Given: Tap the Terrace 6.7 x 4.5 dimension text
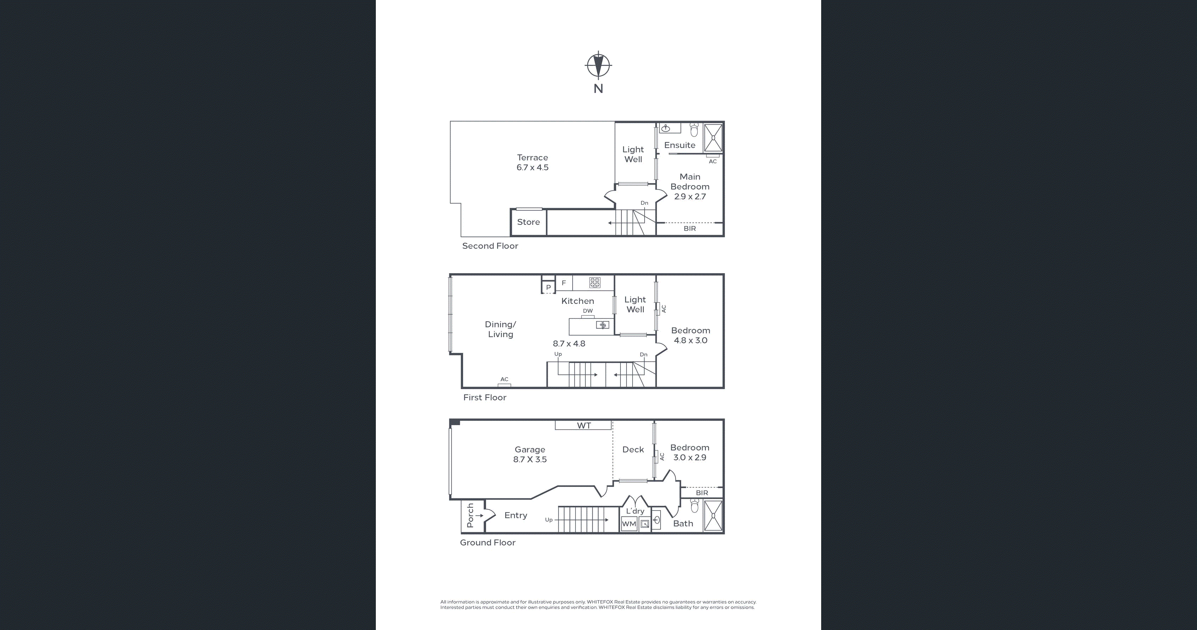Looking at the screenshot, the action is pos(533,167).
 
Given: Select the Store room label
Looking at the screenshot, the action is pos(528,222).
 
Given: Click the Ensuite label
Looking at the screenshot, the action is pos(680,145).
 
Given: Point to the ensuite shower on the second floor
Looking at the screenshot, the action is pos(713,138).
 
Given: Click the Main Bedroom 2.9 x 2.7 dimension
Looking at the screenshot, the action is pos(690,197).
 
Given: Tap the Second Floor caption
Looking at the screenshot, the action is pos(490,246).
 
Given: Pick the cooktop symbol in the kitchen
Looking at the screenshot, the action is pos(595,282).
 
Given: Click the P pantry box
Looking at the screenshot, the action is pos(548,287).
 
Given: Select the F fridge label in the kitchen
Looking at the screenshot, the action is pos(564,283).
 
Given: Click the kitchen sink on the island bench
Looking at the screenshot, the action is pos(603,325).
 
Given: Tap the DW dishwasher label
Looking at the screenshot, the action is pos(588,311).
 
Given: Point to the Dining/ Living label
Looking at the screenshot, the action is pos(500,329).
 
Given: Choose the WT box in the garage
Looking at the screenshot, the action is pos(583,425).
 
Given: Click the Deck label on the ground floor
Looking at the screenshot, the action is pos(633,449).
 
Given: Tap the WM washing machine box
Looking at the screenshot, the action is pos(629,524).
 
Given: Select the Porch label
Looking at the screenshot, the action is pos(470,515).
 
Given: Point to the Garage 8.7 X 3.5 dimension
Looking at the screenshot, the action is pos(530,459).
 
